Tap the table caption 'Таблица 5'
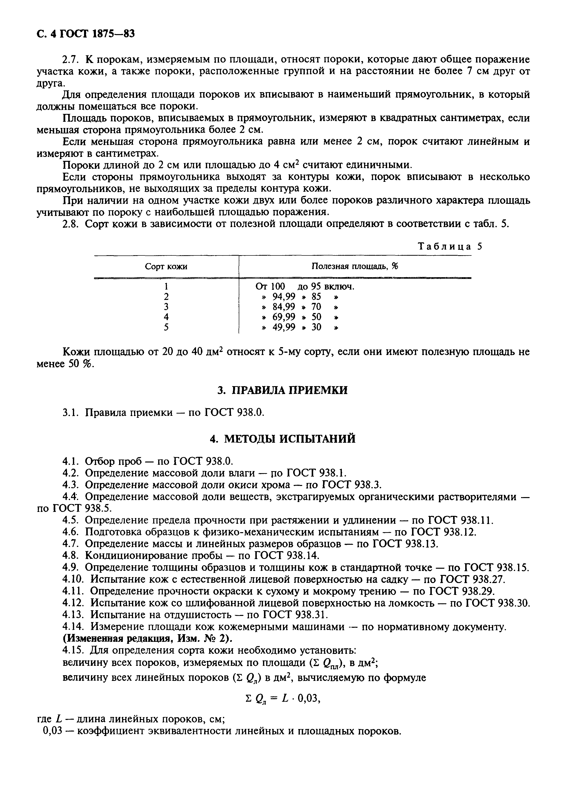(450, 247)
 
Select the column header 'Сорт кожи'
(166, 267)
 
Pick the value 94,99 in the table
(284, 297)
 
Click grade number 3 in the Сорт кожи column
(166, 307)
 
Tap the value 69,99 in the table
(284, 317)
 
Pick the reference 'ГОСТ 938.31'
(295, 614)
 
